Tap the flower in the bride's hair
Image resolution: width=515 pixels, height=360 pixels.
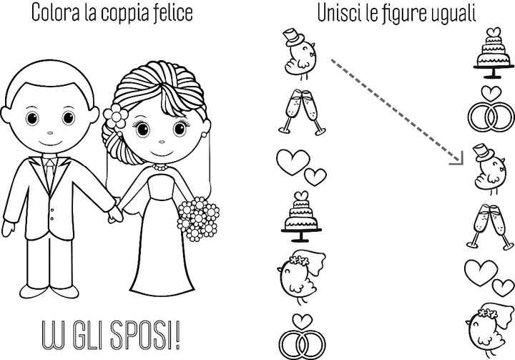click(114, 115)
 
